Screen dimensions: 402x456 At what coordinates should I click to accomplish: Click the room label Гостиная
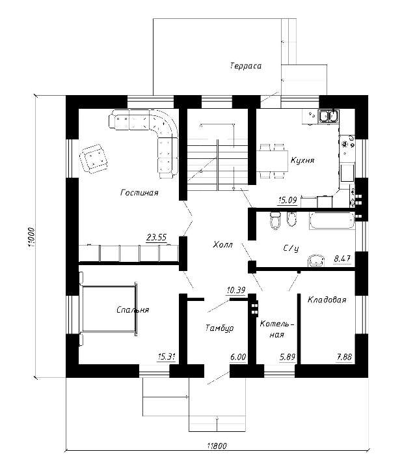(139, 193)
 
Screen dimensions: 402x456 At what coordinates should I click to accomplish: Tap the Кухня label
(302, 160)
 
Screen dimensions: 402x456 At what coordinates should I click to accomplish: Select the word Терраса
(246, 66)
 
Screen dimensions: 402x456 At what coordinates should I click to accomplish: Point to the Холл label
(222, 244)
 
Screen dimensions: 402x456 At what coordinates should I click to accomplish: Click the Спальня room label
(133, 309)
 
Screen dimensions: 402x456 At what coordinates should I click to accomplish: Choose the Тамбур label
(220, 328)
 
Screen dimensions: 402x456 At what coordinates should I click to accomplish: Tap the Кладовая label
(327, 300)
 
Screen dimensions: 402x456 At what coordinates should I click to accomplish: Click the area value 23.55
(157, 238)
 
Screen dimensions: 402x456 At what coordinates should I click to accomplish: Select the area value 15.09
(288, 200)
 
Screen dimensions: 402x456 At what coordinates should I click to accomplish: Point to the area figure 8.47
(342, 259)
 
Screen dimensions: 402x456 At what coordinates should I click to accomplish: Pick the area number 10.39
(236, 290)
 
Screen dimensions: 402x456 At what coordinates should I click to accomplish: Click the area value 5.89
(288, 357)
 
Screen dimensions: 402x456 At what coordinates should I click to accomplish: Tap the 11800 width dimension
(217, 446)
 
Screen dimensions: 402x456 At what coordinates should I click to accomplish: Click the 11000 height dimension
(31, 237)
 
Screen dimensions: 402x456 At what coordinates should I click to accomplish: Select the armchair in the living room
(94, 159)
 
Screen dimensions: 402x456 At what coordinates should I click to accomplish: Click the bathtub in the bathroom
(332, 221)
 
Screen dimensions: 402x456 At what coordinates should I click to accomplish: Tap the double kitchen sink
(328, 116)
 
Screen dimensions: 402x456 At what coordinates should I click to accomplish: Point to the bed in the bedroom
(108, 309)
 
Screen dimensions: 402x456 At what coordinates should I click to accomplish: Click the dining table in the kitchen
(272, 161)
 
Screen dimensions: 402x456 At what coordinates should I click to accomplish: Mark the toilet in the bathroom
(275, 220)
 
